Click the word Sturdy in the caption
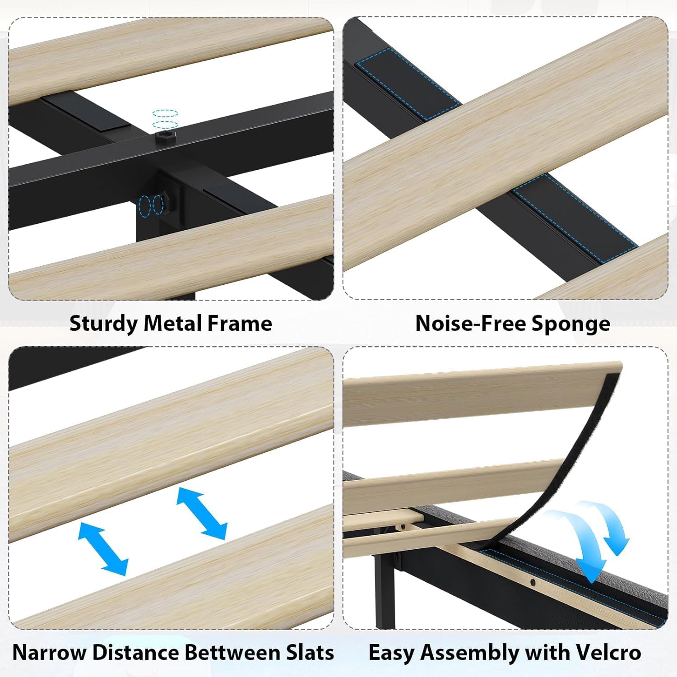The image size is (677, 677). [103, 324]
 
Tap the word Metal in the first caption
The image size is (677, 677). [172, 323]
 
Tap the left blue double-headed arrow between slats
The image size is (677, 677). [103, 548]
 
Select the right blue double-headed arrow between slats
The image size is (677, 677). [201, 513]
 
